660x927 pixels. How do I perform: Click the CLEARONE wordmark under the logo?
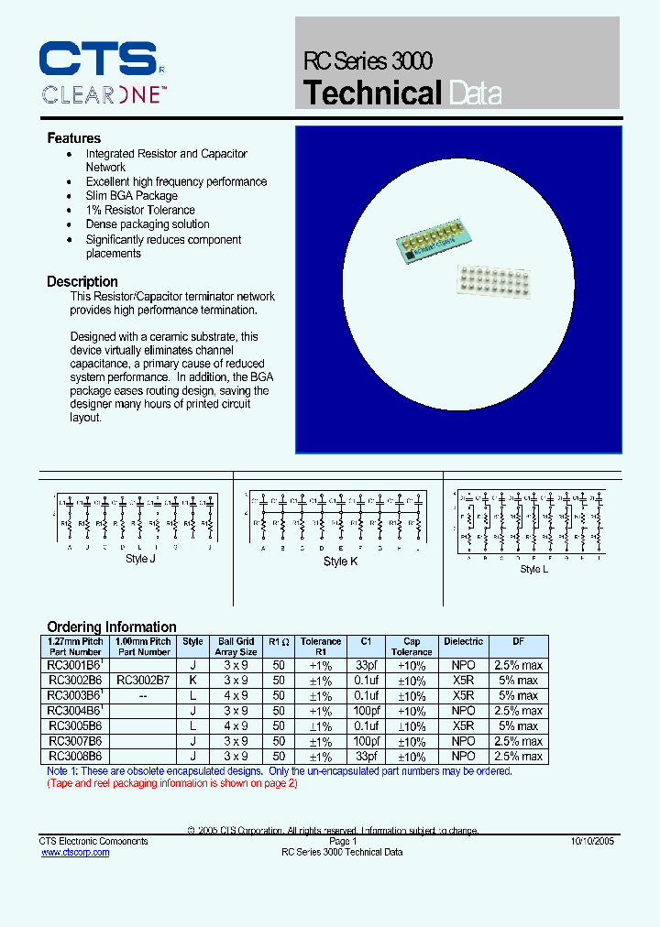[x=104, y=93]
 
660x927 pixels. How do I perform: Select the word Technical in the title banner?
[x=372, y=93]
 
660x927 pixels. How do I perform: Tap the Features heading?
[x=74, y=138]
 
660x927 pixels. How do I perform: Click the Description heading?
[x=82, y=282]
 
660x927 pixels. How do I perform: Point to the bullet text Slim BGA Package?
[x=132, y=196]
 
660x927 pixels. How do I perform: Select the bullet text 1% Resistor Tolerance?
[x=140, y=211]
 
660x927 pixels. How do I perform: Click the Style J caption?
[x=140, y=559]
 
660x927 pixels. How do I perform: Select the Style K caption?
[x=340, y=562]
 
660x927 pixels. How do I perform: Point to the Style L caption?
[x=533, y=570]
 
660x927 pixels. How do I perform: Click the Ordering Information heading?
[x=112, y=627]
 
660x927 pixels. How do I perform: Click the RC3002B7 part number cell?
[x=143, y=681]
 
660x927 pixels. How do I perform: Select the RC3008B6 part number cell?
[x=75, y=757]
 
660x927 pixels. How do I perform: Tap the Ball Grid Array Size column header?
[x=236, y=647]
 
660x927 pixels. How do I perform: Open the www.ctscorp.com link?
[x=75, y=852]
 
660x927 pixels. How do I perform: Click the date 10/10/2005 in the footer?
[x=592, y=841]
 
